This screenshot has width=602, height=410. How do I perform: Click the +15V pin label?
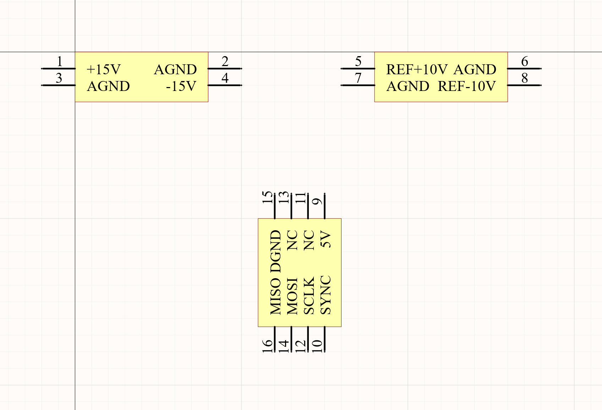(x=104, y=69)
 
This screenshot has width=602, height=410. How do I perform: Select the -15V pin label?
(x=181, y=86)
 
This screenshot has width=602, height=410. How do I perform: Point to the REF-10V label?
(x=466, y=86)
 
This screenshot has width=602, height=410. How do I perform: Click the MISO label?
(x=275, y=296)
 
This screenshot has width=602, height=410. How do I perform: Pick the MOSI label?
(x=292, y=296)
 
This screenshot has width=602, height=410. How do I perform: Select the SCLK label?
(x=309, y=295)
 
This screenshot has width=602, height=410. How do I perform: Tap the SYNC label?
(x=325, y=295)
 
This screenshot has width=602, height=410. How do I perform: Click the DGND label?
(x=275, y=251)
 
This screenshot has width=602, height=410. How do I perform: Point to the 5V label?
(x=325, y=239)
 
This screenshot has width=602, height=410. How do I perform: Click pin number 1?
(x=60, y=61)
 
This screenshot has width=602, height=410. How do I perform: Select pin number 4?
(x=225, y=78)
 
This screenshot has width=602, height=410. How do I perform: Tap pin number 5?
(x=358, y=61)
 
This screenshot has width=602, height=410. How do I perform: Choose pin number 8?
(x=524, y=78)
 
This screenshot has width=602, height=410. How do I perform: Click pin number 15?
(x=267, y=198)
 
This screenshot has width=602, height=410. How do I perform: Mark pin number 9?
(x=317, y=201)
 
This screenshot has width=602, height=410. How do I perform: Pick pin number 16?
(x=267, y=346)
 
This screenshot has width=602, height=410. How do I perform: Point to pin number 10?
(x=317, y=346)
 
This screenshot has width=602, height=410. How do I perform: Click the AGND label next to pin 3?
(x=108, y=86)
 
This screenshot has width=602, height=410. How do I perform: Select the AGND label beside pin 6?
(x=475, y=69)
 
